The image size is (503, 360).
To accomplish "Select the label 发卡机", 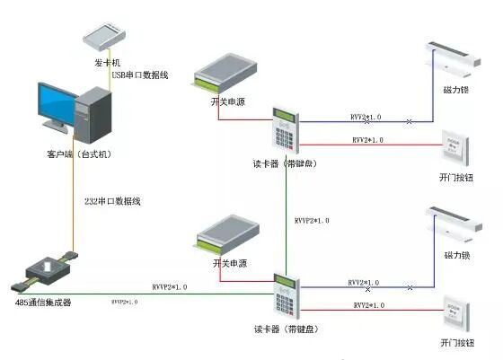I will [x=106, y=63].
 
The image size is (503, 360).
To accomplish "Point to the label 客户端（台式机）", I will [x=78, y=155].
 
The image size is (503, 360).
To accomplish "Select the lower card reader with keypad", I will [x=286, y=298].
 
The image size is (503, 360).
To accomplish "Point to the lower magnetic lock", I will [x=454, y=223].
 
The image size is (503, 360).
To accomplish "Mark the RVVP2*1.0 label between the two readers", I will [x=312, y=221].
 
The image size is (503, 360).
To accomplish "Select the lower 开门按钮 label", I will [x=456, y=344].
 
